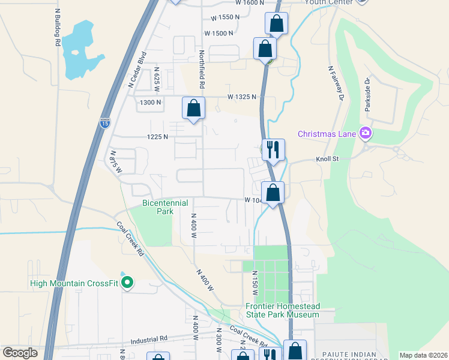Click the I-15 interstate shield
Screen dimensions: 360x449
click(105, 124)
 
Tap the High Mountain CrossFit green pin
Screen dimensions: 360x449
click(127, 282)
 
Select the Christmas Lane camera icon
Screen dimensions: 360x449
click(365, 133)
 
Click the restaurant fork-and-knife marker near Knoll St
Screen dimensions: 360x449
click(273, 149)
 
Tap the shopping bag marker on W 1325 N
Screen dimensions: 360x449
click(194, 109)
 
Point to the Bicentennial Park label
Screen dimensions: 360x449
click(165, 207)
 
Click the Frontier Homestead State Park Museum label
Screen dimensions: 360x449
click(282, 310)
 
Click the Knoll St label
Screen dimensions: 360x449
click(328, 159)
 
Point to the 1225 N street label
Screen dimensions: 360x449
click(157, 137)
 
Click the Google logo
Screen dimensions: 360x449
click(20, 353)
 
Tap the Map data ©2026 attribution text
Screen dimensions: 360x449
click(423, 355)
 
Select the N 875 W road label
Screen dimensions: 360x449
click(116, 162)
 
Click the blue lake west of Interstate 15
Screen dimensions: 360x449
click(78, 51)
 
